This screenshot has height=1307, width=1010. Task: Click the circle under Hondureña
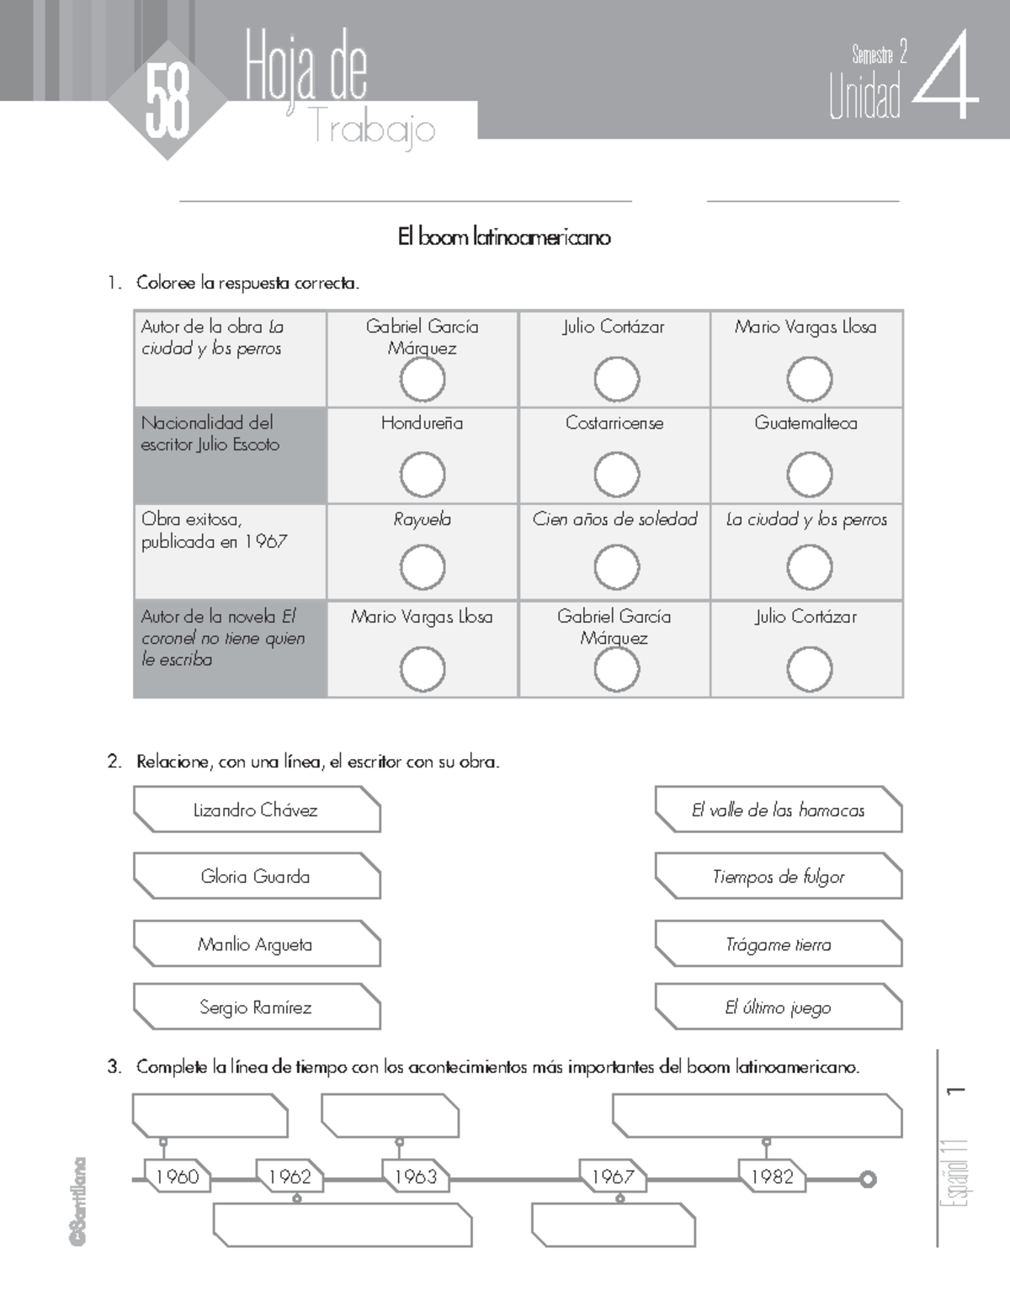422,475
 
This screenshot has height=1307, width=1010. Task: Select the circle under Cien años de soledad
616,567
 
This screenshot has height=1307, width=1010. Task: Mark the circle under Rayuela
422,567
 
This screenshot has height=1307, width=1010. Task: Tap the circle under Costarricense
616,475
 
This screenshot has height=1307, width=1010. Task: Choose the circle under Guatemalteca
809,475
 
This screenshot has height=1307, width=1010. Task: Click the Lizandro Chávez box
256,810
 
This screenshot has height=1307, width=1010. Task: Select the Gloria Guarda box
256,877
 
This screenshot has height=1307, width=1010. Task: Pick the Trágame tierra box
779,944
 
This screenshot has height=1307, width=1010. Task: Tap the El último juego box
779,1007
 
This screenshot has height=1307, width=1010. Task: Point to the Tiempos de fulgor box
779,877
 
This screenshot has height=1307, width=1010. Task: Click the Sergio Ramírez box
256,1007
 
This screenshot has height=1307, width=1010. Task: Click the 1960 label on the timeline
177,1177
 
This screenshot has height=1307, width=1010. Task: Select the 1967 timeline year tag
612,1177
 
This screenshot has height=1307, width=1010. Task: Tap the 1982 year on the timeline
772,1177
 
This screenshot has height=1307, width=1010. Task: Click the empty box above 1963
390,1116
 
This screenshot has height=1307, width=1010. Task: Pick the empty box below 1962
342,1225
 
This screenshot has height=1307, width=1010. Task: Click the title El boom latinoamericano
504,237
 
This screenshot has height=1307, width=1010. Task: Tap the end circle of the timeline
868,1179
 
